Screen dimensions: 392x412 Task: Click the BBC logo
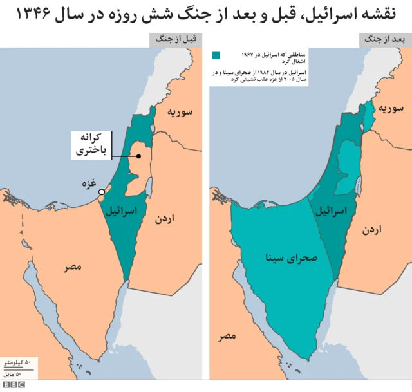(x=13, y=385)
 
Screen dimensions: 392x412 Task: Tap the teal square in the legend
(x=217, y=55)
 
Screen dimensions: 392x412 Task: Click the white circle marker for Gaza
(x=101, y=192)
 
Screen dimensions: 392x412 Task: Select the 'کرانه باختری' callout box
(x=91, y=145)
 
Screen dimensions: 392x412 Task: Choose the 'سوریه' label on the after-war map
(x=391, y=107)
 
